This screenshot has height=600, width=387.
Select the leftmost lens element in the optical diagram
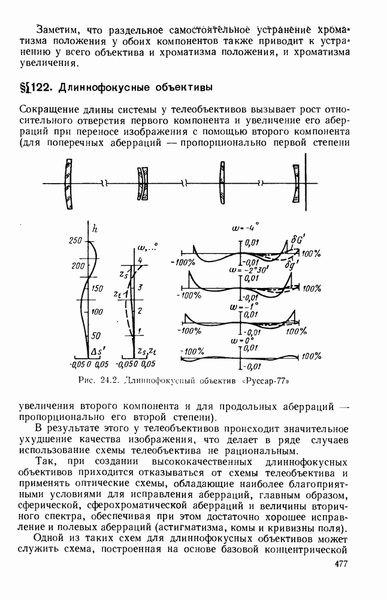[69, 184]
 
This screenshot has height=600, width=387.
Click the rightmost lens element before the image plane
[295, 184]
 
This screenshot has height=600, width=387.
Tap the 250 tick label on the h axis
[76, 241]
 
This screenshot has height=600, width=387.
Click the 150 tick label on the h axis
[97, 289]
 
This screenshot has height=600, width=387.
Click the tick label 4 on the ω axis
[140, 259]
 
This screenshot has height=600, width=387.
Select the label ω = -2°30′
[244, 270]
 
